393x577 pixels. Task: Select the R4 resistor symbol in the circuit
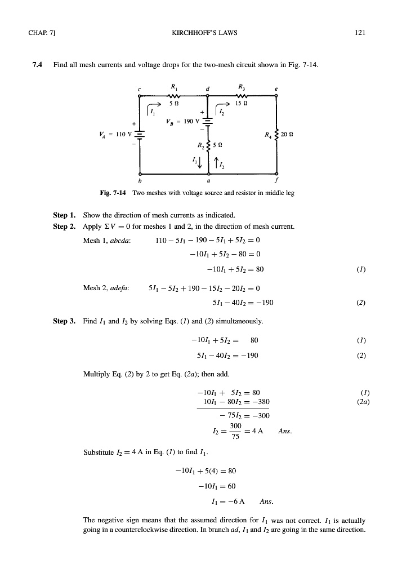[x=276, y=135]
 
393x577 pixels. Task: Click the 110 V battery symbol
[x=139, y=135]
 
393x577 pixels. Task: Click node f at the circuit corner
[x=276, y=174]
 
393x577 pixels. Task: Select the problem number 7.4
[x=38, y=65]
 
